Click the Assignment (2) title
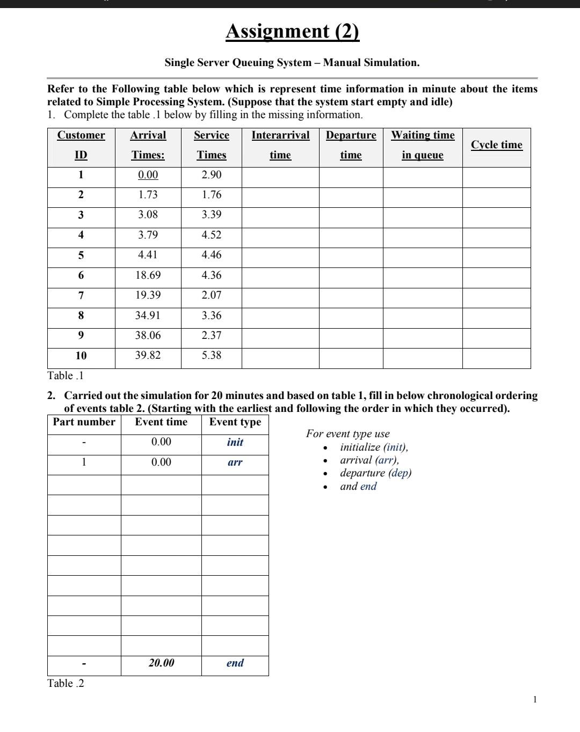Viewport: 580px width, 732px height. coord(292,31)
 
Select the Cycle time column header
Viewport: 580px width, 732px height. coord(496,145)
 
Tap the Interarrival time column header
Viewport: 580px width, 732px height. coord(280,145)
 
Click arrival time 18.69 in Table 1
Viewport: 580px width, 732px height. coord(148,276)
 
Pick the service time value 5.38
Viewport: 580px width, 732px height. coord(211,356)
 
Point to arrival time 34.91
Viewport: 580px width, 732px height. coord(148,316)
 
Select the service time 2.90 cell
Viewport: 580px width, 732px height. coord(211,175)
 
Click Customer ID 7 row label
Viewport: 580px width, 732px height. coord(81,295)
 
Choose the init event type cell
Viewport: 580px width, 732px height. coord(235,443)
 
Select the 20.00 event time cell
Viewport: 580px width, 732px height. coord(161,663)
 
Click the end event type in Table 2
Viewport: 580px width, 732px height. coord(235,663)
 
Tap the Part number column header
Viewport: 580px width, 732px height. coord(84,422)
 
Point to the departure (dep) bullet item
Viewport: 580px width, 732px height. coord(375,473)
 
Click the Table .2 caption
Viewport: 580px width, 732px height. coord(66,684)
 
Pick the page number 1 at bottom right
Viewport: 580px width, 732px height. coord(534,699)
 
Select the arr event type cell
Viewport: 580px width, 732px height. coord(235,462)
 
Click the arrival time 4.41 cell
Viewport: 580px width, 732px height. coord(148,255)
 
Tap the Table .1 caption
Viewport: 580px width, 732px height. coord(66,375)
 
